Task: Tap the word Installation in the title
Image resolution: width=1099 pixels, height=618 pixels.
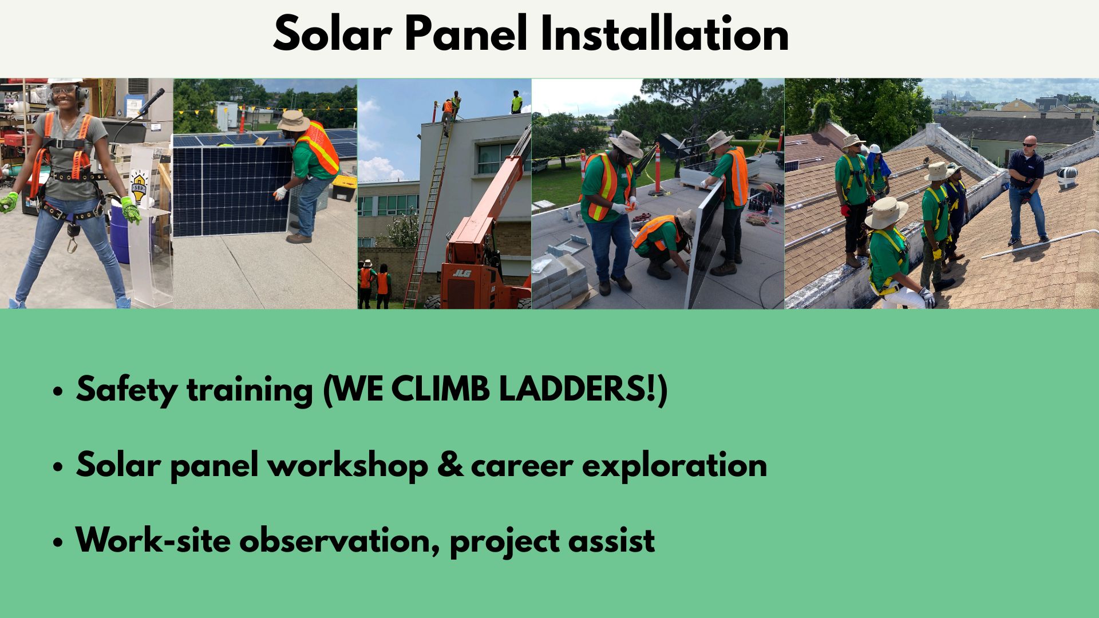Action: [x=665, y=34]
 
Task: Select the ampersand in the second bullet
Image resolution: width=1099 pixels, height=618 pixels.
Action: [x=449, y=464]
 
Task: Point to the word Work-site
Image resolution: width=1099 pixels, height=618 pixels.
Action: [x=153, y=540]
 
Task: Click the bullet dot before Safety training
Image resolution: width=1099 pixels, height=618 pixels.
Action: [x=57, y=393]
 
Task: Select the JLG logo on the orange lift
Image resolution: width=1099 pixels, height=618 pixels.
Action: [x=461, y=274]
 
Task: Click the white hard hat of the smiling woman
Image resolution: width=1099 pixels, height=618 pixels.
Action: [x=65, y=82]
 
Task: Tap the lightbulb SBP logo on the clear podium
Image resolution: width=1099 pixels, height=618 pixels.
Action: [x=138, y=187]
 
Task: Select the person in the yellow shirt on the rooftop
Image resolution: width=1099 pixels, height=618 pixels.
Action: [x=516, y=102]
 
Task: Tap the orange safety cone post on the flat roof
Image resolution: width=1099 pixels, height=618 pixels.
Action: [x=658, y=167]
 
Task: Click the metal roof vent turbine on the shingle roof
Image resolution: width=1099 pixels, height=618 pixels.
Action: [x=1067, y=178]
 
